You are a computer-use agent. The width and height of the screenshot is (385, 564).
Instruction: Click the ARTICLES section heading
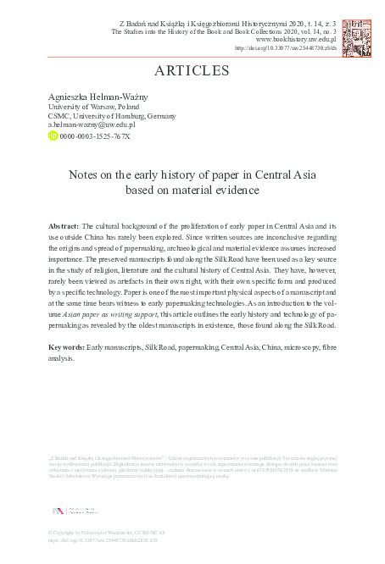(192, 70)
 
